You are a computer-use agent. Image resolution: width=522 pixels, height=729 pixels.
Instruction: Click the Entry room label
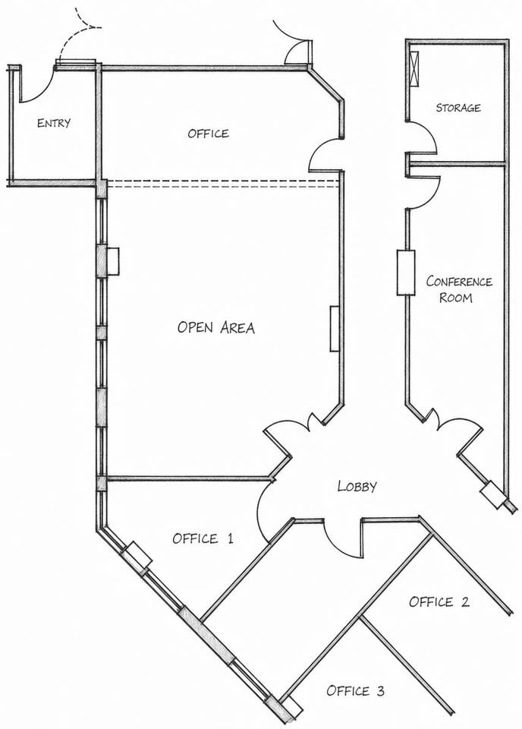(x=54, y=123)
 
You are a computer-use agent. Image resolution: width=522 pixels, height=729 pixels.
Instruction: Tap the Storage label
(x=458, y=108)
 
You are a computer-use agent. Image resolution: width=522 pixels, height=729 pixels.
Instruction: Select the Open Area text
(x=216, y=327)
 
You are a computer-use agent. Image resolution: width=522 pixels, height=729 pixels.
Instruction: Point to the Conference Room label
(x=459, y=289)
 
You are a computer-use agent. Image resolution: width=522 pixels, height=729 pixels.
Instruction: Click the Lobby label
(x=357, y=486)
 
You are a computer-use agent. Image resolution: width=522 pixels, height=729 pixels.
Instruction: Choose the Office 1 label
(x=203, y=538)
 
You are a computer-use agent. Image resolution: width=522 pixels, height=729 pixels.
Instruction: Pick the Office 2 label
(x=439, y=601)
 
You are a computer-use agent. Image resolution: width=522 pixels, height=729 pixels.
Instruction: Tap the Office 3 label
(x=355, y=690)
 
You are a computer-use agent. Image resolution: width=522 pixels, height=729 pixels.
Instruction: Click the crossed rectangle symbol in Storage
(x=415, y=68)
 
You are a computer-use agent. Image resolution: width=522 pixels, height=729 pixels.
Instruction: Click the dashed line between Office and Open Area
(x=222, y=184)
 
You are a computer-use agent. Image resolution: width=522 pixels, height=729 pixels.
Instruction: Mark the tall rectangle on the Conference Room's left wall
(x=405, y=273)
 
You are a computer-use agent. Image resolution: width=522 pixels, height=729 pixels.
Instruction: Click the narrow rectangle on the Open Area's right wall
(x=335, y=328)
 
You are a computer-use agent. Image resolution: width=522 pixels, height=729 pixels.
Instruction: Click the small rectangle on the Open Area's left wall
(x=113, y=262)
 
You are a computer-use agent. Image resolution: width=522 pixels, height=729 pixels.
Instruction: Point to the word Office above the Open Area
(x=209, y=134)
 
